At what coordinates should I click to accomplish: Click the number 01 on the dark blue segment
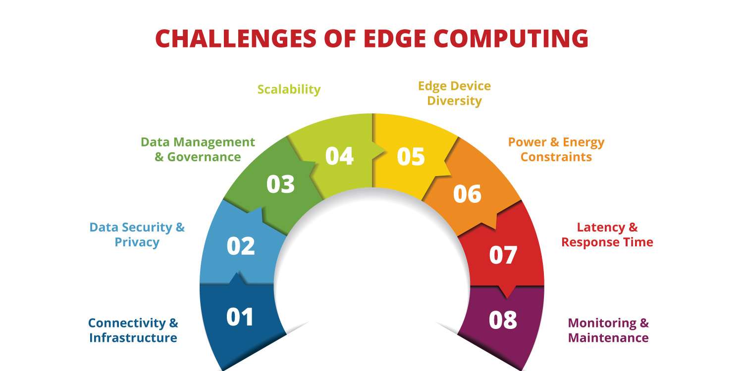[x=240, y=317]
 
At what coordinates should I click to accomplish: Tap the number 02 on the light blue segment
[x=241, y=246]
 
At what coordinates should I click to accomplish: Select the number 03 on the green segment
[x=280, y=184]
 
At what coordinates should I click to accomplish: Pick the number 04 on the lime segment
[x=339, y=156]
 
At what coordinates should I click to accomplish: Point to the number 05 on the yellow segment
[x=411, y=156]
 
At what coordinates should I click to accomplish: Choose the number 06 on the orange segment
[x=467, y=194]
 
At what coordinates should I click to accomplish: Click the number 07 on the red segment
[x=503, y=255]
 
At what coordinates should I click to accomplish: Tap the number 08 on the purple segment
[x=503, y=320]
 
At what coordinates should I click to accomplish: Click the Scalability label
[x=289, y=90]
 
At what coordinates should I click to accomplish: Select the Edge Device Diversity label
[x=454, y=93]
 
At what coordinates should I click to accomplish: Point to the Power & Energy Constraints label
[x=556, y=149]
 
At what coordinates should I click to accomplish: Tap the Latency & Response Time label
[x=607, y=235]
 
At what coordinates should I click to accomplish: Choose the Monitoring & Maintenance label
[x=608, y=330]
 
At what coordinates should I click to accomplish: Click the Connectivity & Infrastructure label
[x=133, y=330]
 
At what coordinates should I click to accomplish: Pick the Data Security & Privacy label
[x=137, y=235]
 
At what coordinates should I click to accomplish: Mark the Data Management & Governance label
[x=198, y=149]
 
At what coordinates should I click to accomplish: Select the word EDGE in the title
[x=391, y=39]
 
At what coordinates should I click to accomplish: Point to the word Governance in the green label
[x=204, y=157]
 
